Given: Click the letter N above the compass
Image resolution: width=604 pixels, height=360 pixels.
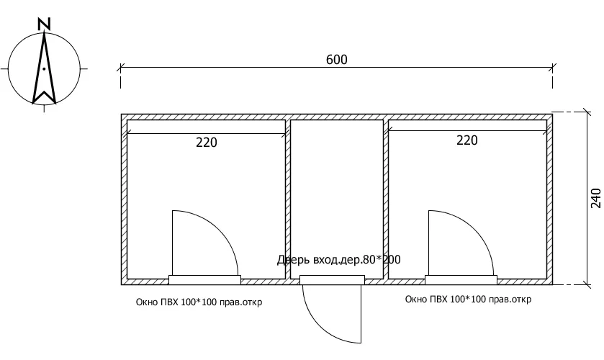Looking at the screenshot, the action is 45,24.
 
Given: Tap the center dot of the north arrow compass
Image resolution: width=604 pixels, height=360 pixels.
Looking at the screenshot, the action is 45,69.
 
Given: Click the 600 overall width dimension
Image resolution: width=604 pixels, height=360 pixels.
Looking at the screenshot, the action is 337,60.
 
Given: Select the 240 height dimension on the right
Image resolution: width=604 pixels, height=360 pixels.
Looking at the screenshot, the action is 595,198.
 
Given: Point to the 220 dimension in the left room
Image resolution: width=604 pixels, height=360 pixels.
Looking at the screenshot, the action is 207,143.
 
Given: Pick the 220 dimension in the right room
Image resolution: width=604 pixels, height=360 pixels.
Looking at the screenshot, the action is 467,140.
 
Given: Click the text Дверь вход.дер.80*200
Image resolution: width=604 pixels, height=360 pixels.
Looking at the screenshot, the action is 338,260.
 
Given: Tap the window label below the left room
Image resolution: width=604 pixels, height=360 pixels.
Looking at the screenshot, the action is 199,302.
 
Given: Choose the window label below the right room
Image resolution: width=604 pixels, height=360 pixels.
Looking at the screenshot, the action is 468,299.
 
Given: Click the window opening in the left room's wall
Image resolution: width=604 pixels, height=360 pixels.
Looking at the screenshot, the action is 204,280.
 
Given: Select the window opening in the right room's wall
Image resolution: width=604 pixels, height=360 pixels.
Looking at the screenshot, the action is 461,280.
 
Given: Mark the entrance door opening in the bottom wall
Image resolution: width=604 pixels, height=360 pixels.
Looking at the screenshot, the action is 332,280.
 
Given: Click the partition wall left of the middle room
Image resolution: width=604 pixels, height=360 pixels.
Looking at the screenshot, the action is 288,199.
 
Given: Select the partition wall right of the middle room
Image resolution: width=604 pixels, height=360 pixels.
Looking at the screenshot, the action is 386,199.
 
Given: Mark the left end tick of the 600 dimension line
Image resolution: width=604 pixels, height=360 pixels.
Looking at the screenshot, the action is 120,68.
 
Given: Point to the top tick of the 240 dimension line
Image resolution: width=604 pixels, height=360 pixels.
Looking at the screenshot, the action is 587,112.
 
